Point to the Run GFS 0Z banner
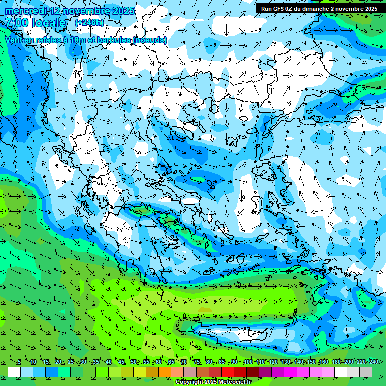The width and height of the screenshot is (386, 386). coord(319,9)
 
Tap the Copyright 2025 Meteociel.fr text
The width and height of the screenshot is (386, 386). coord(213,382)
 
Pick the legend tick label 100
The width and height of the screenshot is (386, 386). coord(248,362)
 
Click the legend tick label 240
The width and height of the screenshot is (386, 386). coord(373,362)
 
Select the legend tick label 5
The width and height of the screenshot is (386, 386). coord(19,362)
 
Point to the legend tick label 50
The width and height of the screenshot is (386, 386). coord(133,362)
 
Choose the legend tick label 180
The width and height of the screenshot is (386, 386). coord(336,362)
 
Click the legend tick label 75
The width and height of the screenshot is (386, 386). coord(197,362)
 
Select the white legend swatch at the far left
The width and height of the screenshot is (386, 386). coord(14,372)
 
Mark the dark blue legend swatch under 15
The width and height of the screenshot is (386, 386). coord(52,372)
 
